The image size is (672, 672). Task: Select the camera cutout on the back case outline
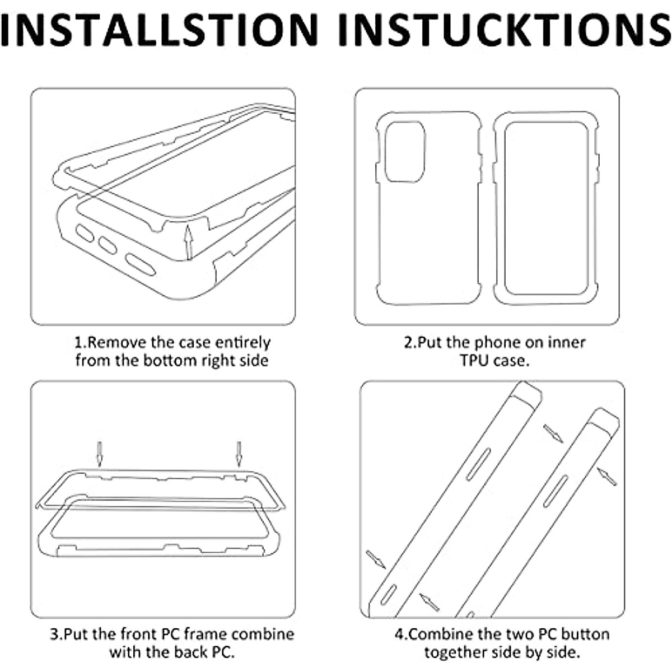[x=405, y=152]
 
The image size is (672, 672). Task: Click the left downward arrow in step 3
[x=99, y=454]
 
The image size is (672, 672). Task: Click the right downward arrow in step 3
[x=239, y=454]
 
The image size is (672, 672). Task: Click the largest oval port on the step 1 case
[x=141, y=265]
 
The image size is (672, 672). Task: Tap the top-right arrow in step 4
[x=553, y=433]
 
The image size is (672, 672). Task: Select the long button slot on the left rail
[x=478, y=464]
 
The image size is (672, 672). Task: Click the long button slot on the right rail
[x=555, y=491]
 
